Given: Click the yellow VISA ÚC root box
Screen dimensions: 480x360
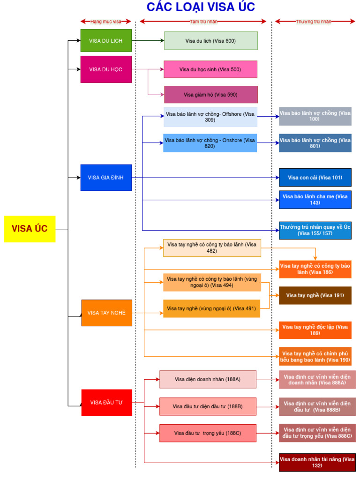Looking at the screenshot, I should click(x=30, y=229).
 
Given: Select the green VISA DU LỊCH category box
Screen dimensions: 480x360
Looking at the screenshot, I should click(x=105, y=41).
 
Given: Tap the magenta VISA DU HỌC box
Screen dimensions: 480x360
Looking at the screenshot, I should click(x=105, y=69).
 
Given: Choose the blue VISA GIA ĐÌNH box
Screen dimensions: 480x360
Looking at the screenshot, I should click(x=105, y=178).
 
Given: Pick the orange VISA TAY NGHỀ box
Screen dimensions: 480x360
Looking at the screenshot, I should click(x=106, y=313).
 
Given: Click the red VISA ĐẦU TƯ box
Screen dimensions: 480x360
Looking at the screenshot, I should click(x=106, y=402).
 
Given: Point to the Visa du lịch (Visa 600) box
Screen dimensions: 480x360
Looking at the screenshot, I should click(x=210, y=41).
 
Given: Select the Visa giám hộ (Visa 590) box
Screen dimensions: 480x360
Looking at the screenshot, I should click(x=210, y=95).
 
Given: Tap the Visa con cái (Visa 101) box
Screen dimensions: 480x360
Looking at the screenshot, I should click(x=315, y=178).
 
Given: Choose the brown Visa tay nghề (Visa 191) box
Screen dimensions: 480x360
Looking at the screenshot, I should click(x=315, y=295).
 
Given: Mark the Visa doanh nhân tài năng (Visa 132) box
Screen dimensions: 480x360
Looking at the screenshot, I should click(x=317, y=462).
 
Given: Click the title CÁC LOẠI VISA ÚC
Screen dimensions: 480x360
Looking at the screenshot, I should click(x=201, y=7).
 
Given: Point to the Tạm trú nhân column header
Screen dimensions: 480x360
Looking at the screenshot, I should click(x=203, y=22).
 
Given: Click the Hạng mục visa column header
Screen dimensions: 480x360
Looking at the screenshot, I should click(x=105, y=22).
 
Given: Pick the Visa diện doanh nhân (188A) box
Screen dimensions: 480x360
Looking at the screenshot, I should click(x=208, y=379).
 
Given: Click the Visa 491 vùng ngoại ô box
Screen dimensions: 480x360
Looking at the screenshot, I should click(x=211, y=308).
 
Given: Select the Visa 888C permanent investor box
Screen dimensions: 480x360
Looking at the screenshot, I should click(x=317, y=433).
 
